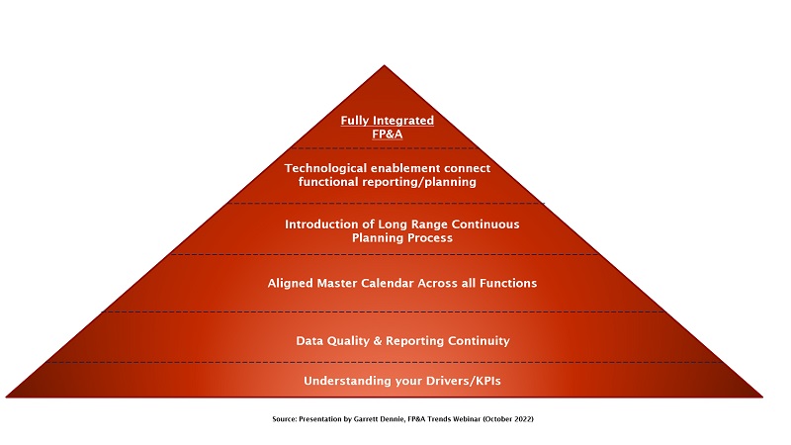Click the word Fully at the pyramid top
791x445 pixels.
tap(355, 121)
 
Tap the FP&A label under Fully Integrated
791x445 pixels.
tap(387, 134)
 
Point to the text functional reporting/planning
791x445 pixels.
tap(387, 182)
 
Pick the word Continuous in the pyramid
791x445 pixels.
tap(485, 224)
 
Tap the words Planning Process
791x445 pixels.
tap(402, 237)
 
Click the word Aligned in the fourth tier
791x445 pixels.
tap(290, 283)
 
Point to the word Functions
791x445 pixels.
tap(508, 283)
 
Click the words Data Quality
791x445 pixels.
tap(333, 341)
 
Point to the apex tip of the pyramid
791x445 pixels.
tap(384, 65)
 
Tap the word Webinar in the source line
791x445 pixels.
tap(467, 418)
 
